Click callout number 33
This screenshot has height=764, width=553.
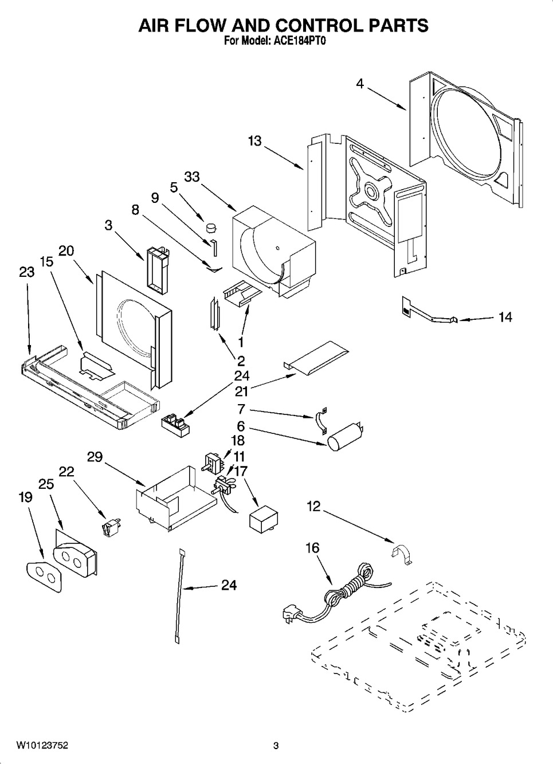(x=192, y=177)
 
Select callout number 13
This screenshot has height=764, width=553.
(x=254, y=141)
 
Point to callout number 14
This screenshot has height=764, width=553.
(x=504, y=317)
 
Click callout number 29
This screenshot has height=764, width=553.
(x=95, y=457)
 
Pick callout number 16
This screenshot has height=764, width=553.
(x=312, y=548)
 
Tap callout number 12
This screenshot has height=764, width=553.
(x=313, y=507)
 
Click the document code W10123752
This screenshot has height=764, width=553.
(x=42, y=746)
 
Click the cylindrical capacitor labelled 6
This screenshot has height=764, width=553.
(x=347, y=434)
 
